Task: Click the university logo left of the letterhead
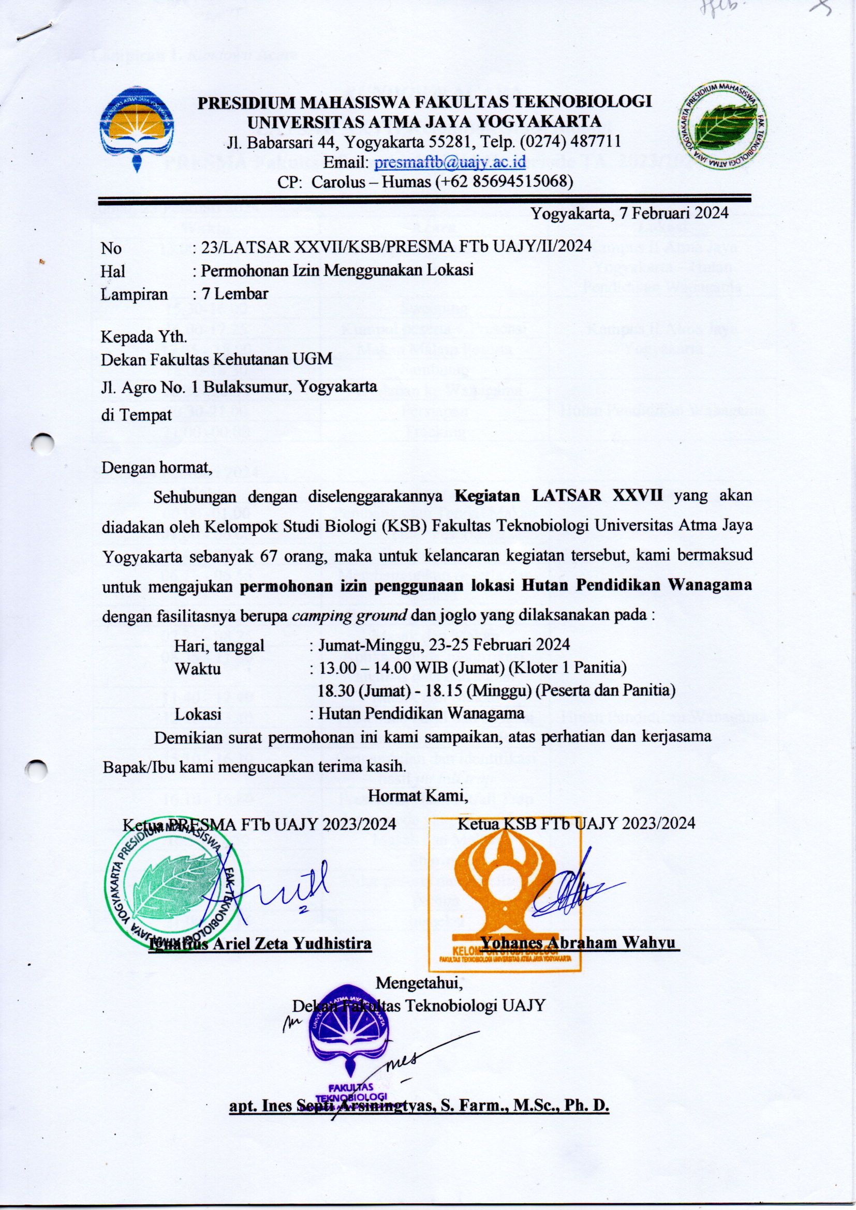pos(137,128)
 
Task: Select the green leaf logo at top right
pos(722,125)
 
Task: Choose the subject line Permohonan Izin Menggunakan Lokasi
pos(337,270)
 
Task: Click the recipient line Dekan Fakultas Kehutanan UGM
pos(217,359)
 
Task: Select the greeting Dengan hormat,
pos(156,467)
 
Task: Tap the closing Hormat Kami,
pos(418,796)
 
